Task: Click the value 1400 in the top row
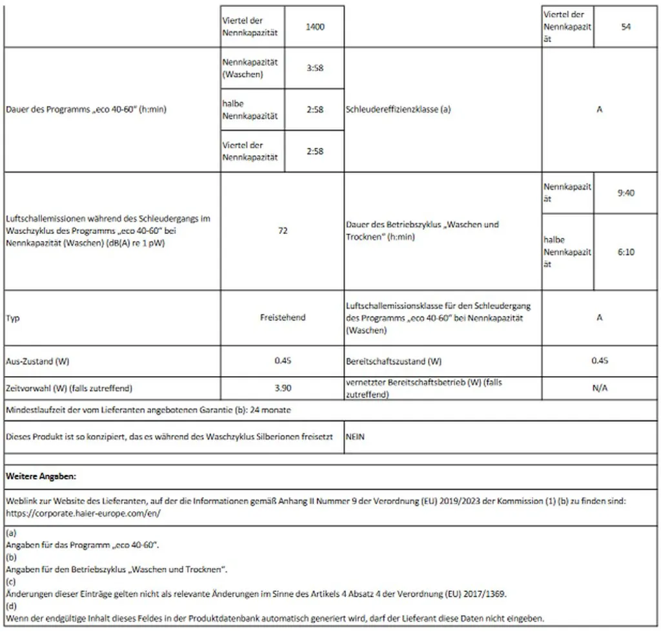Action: coord(315,27)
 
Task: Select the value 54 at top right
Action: coord(625,27)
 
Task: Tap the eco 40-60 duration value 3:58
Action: coord(315,68)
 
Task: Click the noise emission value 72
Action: coord(282,231)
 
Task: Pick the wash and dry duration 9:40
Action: coord(625,193)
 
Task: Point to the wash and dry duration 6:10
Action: coord(625,251)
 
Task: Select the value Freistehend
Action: coord(282,317)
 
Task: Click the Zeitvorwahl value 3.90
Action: coord(282,388)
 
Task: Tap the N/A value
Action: coord(600,388)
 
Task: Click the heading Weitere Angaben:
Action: coord(41,476)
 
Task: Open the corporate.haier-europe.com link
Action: coord(82,512)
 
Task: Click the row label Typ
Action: coord(12,318)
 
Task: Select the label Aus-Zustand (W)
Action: coord(37,361)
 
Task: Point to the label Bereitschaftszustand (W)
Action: coord(394,361)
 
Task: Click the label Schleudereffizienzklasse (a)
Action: coord(398,109)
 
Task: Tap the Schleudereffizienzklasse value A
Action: coord(600,109)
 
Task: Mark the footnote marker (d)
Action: coord(11,607)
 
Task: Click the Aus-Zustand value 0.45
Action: coord(282,361)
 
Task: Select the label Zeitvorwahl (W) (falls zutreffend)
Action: coord(69,388)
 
